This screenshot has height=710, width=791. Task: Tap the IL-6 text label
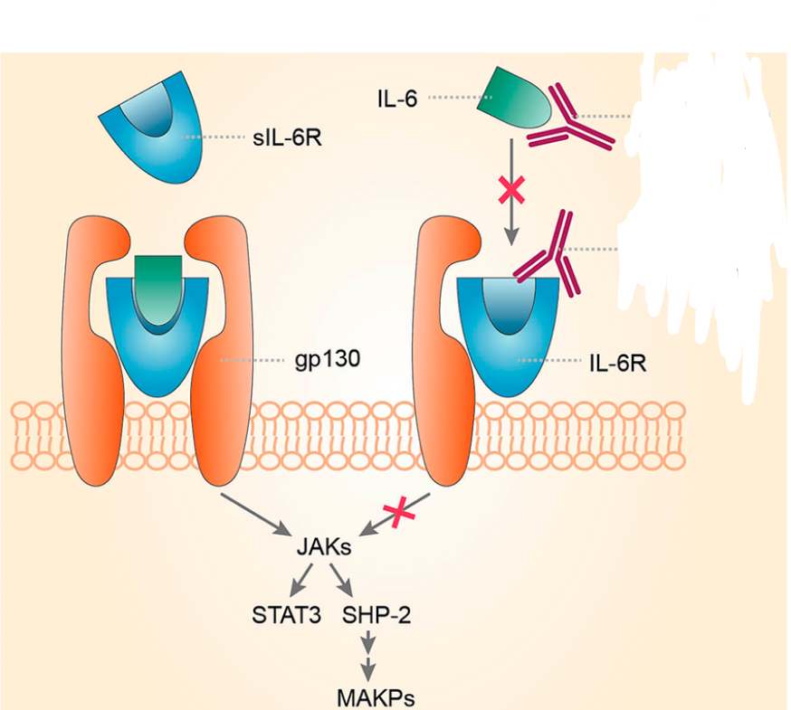[x=398, y=98]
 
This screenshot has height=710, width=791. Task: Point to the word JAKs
[x=324, y=547]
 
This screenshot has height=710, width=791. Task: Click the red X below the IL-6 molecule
[x=511, y=190]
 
